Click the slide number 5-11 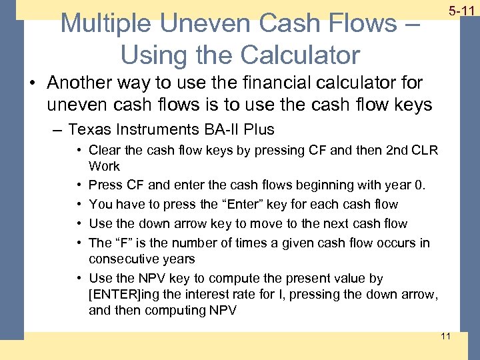[x=461, y=11]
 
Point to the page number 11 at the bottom [x=446, y=336]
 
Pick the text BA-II [x=227, y=129]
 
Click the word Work [x=104, y=166]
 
